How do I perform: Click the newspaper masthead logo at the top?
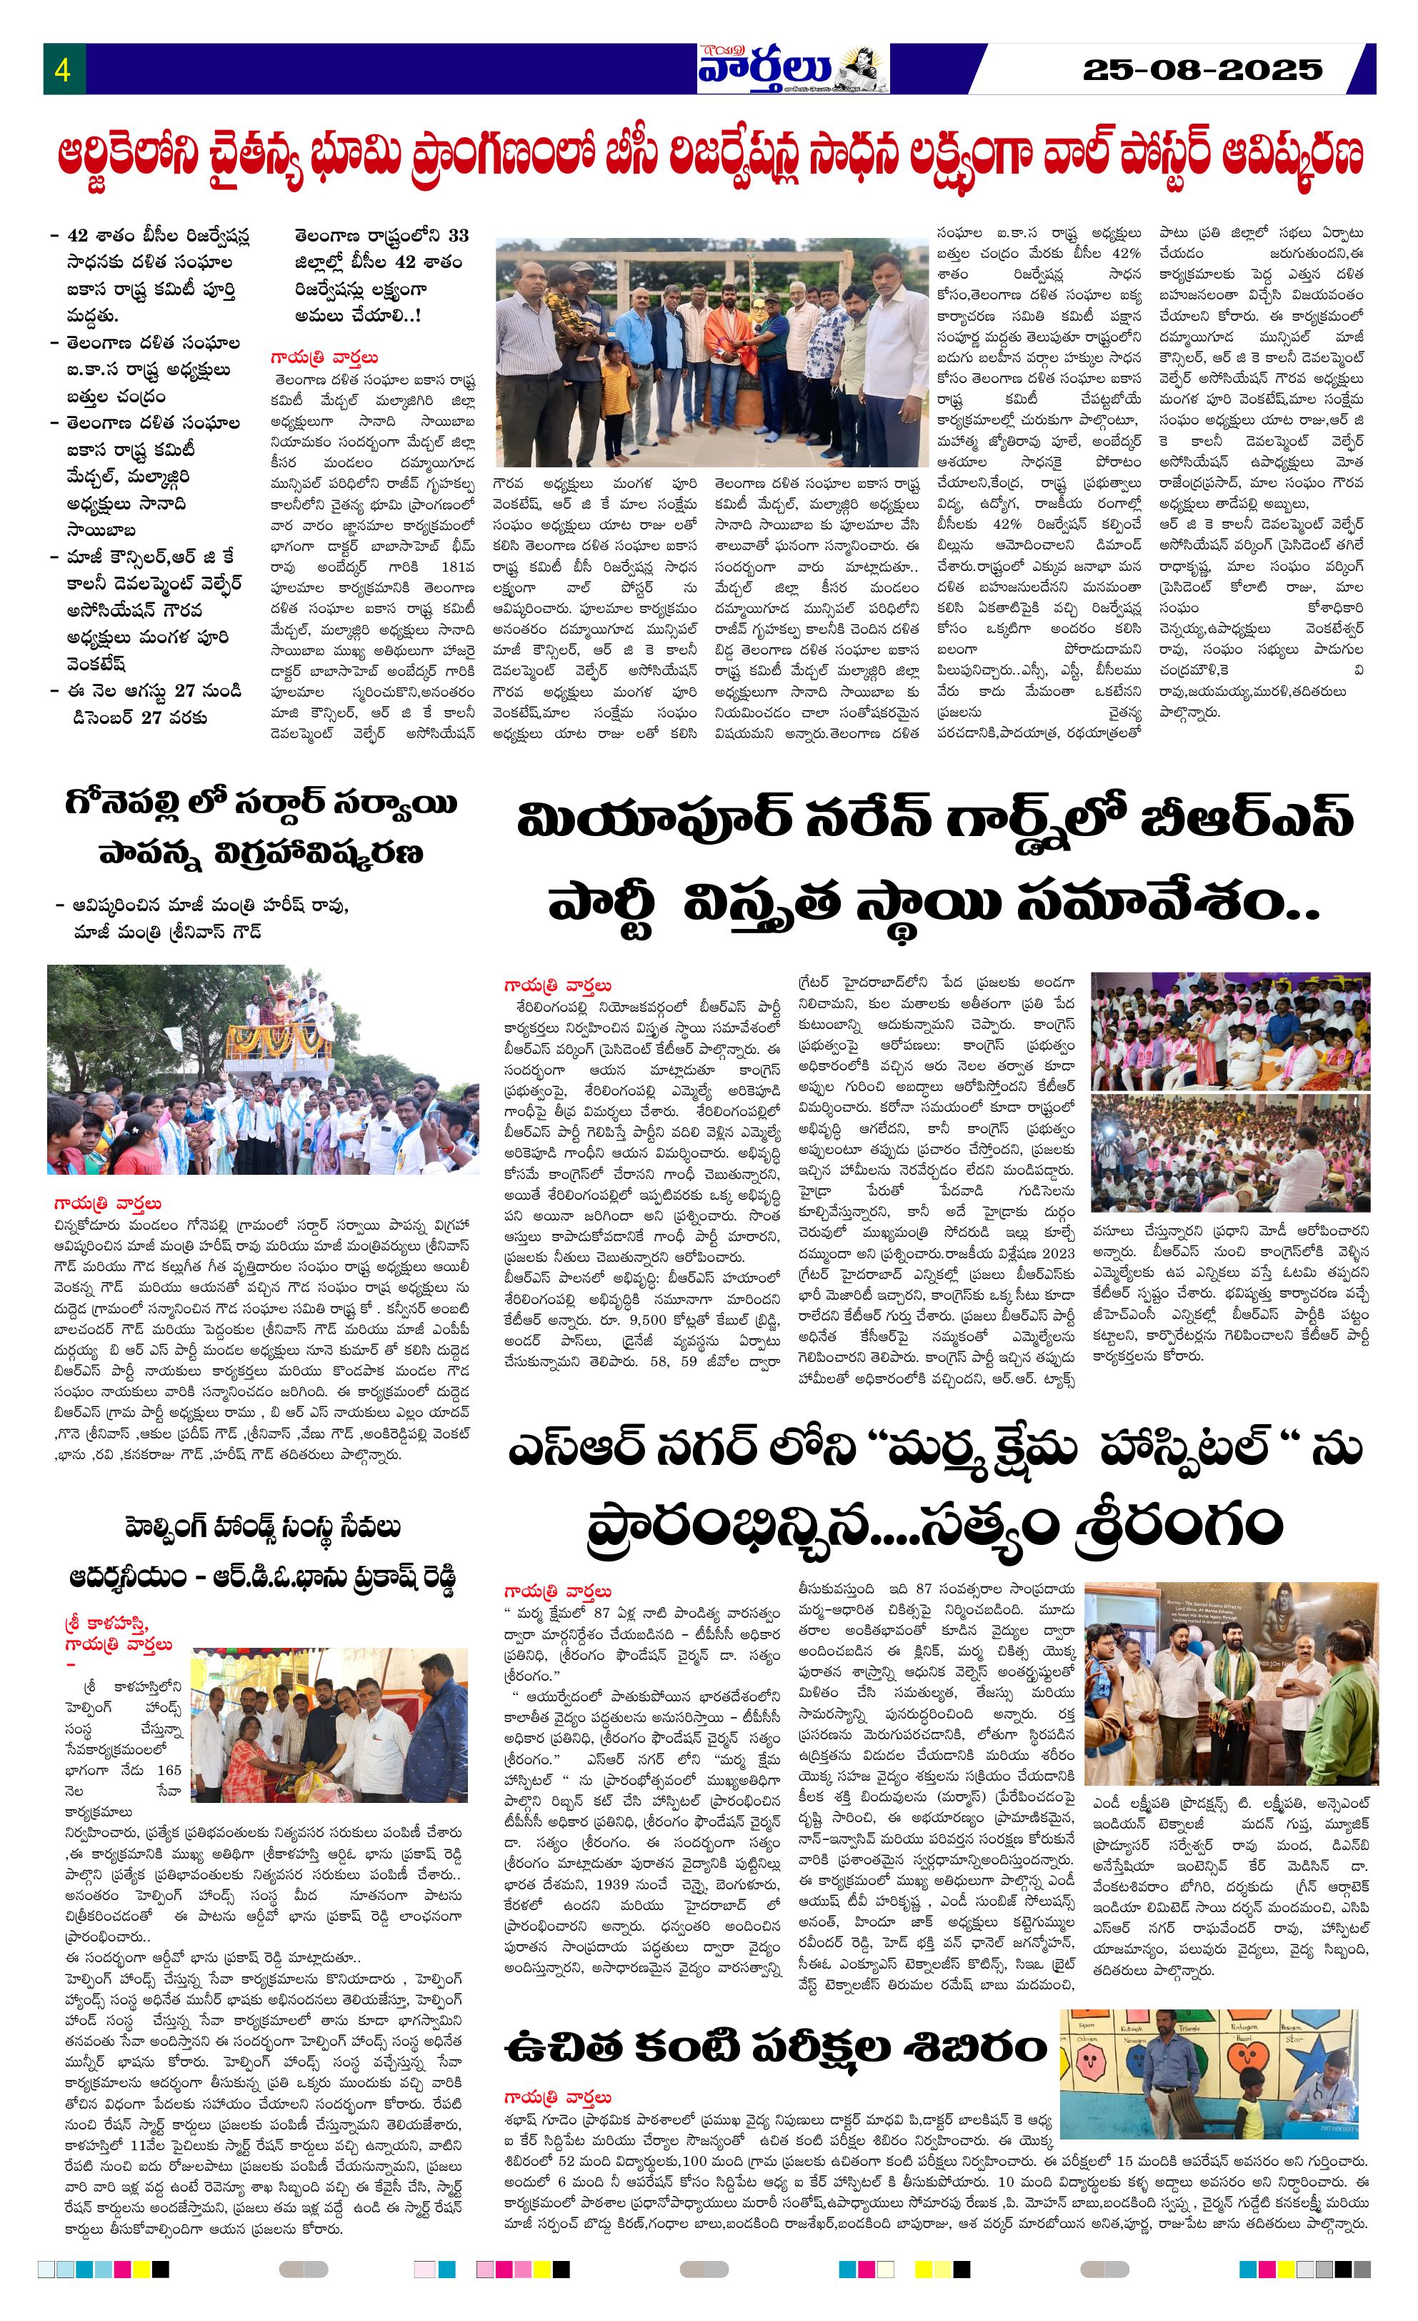792,68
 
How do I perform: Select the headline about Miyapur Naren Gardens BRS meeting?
935,859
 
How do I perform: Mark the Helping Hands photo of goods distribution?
329,1725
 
